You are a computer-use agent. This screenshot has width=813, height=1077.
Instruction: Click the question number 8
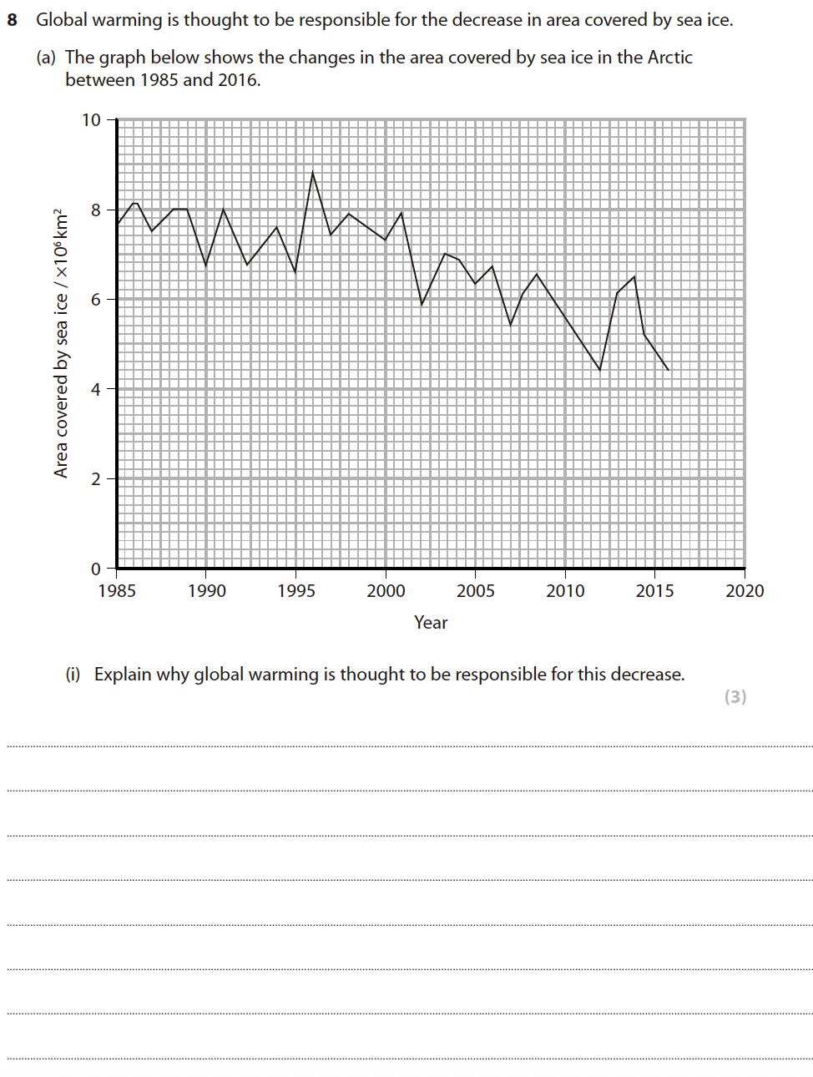coord(12,20)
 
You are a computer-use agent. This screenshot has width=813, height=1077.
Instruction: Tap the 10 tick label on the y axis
coord(91,120)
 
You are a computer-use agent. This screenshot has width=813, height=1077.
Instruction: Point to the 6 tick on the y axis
coord(96,299)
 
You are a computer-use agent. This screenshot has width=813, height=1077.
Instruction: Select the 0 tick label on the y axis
coord(96,569)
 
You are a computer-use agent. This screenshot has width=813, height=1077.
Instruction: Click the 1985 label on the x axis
coord(117,591)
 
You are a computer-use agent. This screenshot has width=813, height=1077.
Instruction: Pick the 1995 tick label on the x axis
coord(296,591)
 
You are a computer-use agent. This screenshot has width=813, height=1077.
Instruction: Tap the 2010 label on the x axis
coord(565,591)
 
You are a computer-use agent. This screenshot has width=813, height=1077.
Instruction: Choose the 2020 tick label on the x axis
coord(745,591)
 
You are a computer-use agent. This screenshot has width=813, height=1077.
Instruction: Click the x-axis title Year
coord(431,623)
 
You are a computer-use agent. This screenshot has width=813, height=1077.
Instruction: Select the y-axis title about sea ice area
coord(61,343)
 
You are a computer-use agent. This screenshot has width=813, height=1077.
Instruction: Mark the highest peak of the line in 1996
coord(313,172)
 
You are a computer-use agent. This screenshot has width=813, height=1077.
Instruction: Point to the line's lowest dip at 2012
coord(599,370)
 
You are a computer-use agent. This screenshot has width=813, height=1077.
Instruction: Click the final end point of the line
coord(669,370)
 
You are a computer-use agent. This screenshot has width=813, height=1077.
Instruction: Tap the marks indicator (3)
coord(735,697)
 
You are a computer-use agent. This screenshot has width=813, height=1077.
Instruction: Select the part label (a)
coord(46,58)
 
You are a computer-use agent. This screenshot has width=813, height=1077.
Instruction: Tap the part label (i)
coord(73,675)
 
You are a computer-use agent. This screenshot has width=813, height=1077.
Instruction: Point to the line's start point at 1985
coord(118,224)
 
